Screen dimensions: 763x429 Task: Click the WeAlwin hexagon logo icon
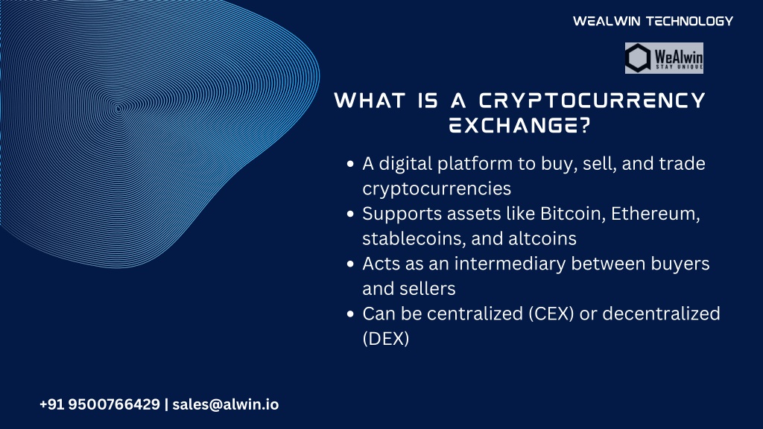(x=638, y=58)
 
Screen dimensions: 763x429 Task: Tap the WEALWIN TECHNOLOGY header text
(x=653, y=21)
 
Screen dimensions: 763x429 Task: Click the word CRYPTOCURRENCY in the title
(x=592, y=101)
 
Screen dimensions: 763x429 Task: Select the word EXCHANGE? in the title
(x=519, y=125)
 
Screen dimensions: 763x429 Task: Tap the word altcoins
(x=542, y=238)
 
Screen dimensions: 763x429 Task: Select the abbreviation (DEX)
(x=386, y=339)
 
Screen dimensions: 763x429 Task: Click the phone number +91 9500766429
(x=100, y=404)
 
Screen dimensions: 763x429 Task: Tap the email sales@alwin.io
(x=226, y=404)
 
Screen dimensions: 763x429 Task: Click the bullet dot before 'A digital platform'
(x=350, y=164)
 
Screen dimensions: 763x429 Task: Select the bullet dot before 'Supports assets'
(x=350, y=214)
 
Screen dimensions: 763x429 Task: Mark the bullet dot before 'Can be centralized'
(x=350, y=314)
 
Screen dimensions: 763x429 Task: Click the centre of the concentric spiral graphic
(x=118, y=109)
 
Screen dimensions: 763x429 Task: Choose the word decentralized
(x=662, y=314)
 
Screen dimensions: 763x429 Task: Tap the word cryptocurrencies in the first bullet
(x=437, y=188)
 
